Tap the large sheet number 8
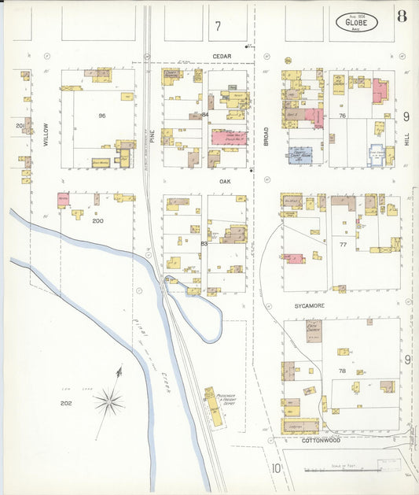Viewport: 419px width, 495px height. pyautogui.click(x=402, y=17)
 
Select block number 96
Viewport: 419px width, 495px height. pyautogui.click(x=101, y=116)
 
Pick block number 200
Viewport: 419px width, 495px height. pyautogui.click(x=97, y=221)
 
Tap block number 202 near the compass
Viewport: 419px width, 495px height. pyautogui.click(x=66, y=403)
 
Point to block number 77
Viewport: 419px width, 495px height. pyautogui.click(x=342, y=246)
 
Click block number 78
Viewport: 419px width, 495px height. pyautogui.click(x=342, y=370)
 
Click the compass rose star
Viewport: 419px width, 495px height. pyautogui.click(x=108, y=403)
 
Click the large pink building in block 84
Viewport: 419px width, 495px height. pyautogui.click(x=228, y=137)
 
